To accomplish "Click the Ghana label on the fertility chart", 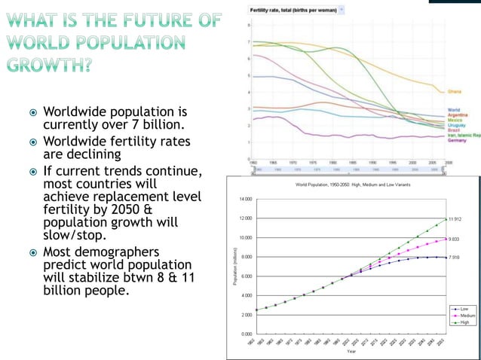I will (455, 92).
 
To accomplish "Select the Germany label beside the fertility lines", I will (457, 141).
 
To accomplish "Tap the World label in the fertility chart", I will (454, 110).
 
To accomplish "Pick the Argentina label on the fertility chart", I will (458, 114).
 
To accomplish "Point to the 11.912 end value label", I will (455, 219).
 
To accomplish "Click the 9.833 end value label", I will (455, 239).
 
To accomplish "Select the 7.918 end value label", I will (455, 258).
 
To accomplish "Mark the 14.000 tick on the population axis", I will (246, 199).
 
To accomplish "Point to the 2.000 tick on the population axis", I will (247, 314).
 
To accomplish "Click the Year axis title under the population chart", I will (352, 351).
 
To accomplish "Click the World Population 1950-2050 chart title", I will (351, 185).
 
